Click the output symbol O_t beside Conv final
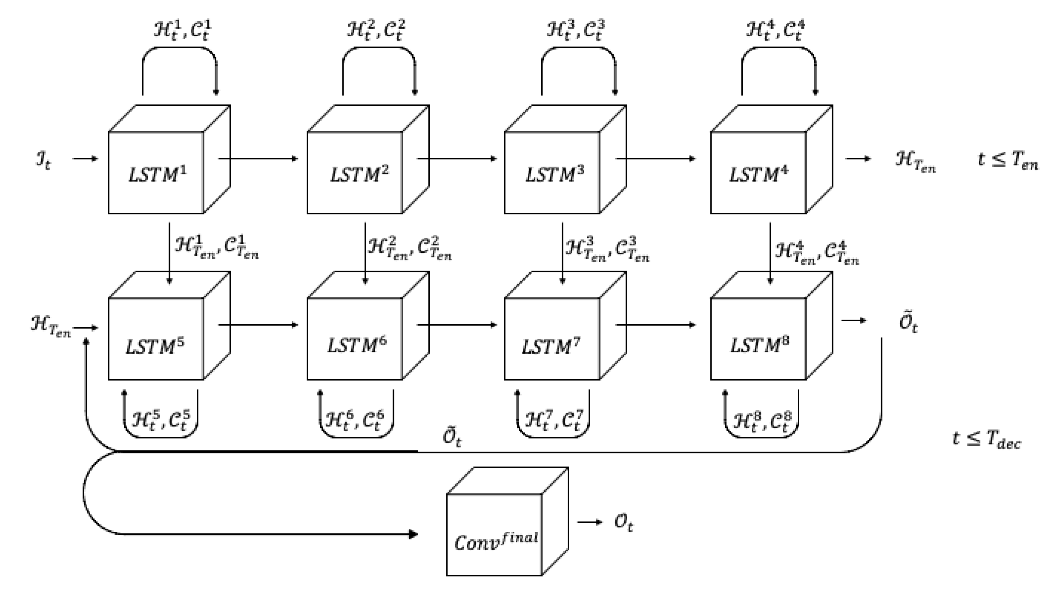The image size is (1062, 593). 623,523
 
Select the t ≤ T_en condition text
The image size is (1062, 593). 1007,160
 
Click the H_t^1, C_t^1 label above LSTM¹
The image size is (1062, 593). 183,30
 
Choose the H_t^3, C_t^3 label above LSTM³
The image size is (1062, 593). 576,30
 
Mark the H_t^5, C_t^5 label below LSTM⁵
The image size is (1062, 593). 161,421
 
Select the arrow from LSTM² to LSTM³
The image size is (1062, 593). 457,158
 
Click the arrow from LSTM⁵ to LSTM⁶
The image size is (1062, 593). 258,325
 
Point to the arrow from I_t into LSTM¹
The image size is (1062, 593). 85,158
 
